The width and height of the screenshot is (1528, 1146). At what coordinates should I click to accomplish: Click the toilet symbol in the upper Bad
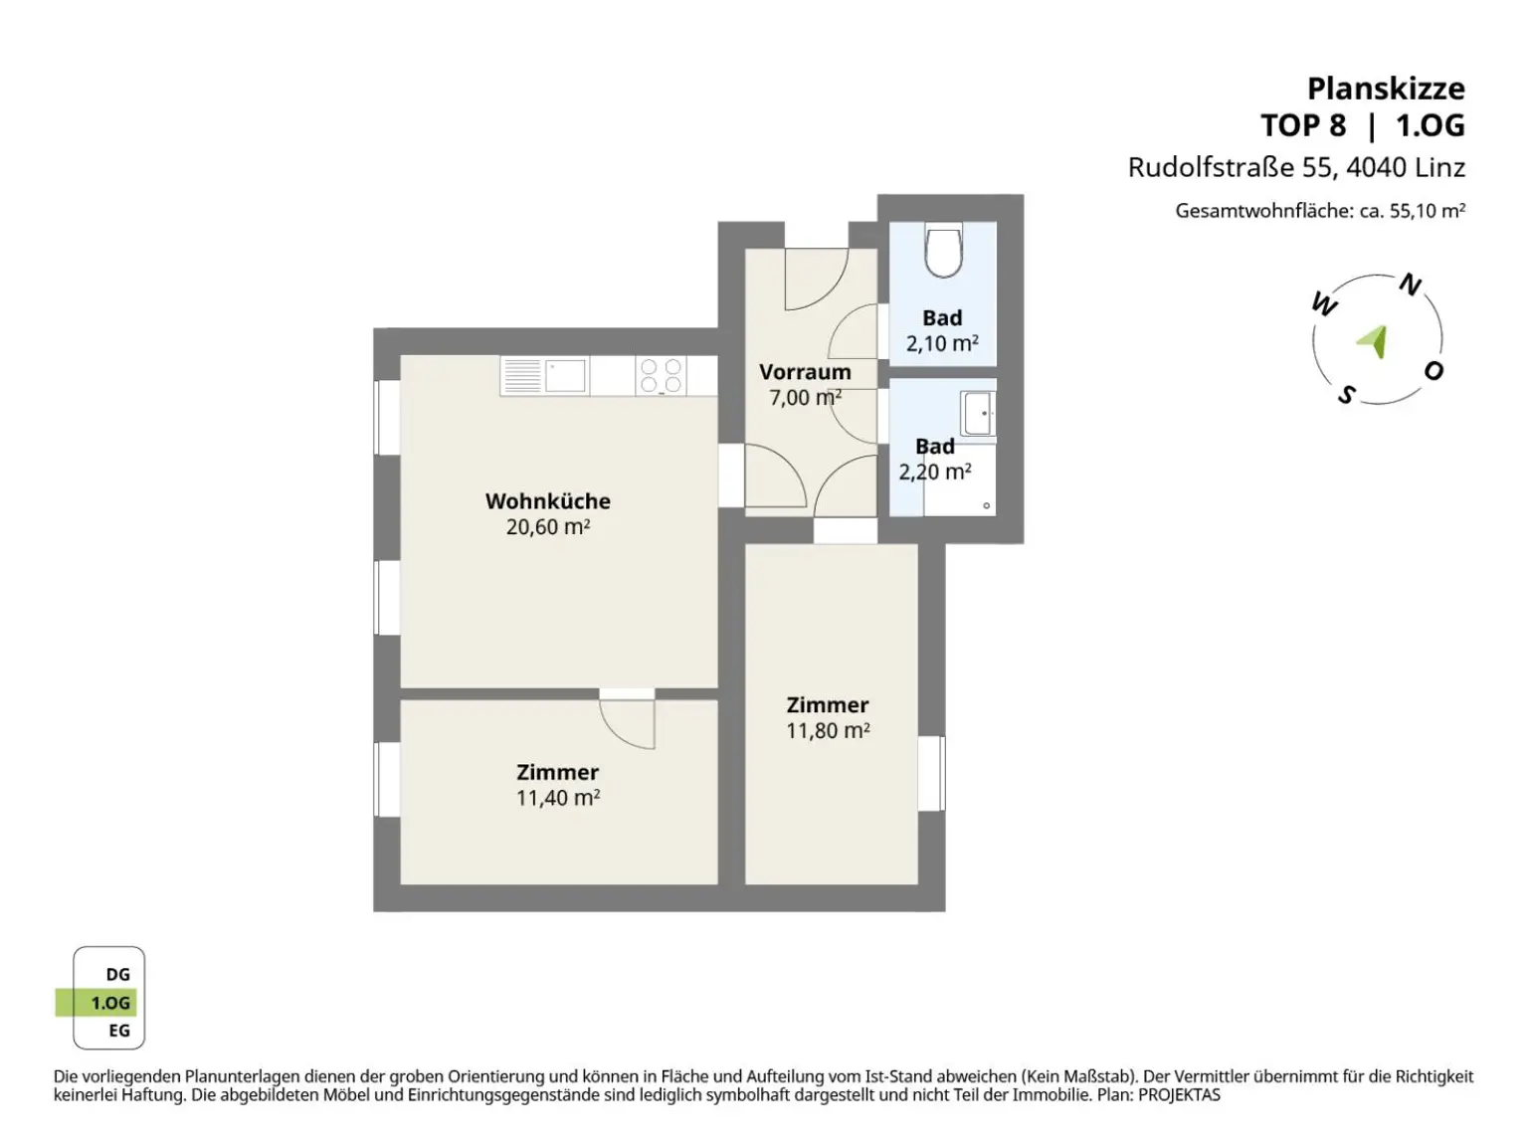[943, 250]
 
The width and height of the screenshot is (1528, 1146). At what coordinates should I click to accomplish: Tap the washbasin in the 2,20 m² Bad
[978, 413]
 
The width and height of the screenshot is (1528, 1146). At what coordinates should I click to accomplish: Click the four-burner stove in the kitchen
[661, 376]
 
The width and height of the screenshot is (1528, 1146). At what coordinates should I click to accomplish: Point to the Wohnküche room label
[548, 501]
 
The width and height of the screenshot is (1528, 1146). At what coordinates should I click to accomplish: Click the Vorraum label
[805, 372]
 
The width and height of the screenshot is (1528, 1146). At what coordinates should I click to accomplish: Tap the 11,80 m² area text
[828, 730]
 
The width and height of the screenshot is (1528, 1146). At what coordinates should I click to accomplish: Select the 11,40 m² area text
[558, 798]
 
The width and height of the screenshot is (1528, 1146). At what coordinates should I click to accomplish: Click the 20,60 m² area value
[548, 526]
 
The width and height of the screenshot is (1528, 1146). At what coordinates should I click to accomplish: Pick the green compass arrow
[1374, 341]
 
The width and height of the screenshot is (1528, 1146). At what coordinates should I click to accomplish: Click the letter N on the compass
[1410, 285]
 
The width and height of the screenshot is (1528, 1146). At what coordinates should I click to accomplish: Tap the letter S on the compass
[1347, 395]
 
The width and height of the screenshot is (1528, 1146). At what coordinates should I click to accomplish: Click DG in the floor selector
[117, 974]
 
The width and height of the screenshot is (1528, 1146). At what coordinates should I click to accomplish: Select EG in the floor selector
[119, 1031]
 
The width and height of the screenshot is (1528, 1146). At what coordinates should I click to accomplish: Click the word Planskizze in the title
[1386, 89]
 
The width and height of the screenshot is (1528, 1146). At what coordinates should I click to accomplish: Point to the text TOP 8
[1303, 126]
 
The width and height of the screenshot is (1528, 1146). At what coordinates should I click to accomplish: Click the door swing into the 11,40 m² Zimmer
[627, 724]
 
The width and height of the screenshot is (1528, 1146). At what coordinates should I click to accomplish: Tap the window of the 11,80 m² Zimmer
[931, 773]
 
